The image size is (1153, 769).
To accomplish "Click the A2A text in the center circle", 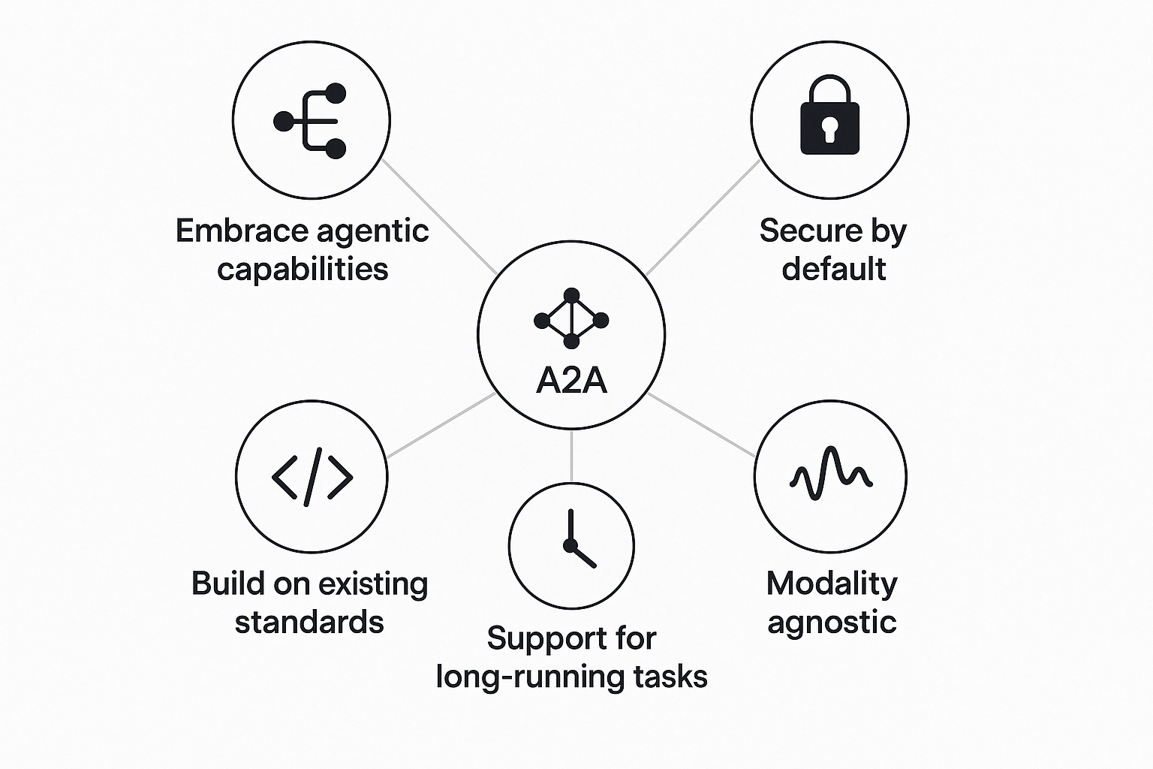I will [571, 381].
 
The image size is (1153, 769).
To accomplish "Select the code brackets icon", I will [312, 476].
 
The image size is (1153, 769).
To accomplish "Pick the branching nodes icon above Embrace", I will [312, 120].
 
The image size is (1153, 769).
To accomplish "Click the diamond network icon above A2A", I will [571, 319].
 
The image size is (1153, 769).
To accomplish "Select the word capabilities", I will [303, 269].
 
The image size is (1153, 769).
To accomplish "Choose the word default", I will [833, 269].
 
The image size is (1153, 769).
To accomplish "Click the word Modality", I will [832, 584].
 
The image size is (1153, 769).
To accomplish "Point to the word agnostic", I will [832, 623].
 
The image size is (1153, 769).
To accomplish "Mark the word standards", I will [309, 623].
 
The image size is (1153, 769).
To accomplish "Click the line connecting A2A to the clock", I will [571, 456].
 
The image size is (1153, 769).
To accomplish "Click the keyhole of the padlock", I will [829, 129].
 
